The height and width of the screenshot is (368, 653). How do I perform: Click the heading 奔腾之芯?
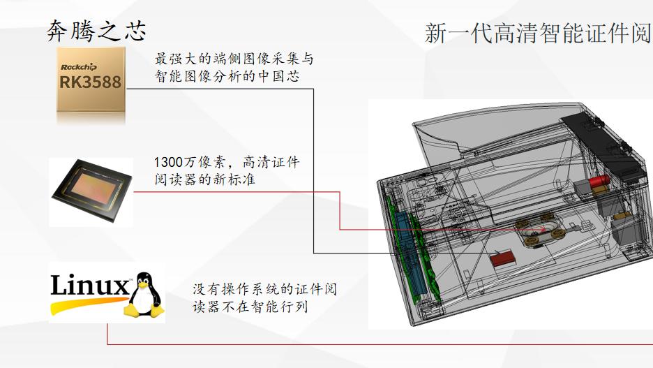pyautogui.click(x=96, y=31)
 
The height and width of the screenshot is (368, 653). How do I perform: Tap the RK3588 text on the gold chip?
pyautogui.click(x=91, y=82)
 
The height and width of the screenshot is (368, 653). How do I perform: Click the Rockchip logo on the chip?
pyautogui.click(x=79, y=66)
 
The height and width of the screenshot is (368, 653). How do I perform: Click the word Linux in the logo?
pyautogui.click(x=90, y=285)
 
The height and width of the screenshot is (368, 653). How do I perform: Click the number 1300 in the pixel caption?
pyautogui.click(x=169, y=162)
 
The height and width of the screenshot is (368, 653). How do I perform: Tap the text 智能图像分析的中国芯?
pyautogui.click(x=227, y=76)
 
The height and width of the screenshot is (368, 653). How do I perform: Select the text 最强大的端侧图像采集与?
pyautogui.click(x=234, y=59)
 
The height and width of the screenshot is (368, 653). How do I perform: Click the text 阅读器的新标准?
pyautogui.click(x=204, y=179)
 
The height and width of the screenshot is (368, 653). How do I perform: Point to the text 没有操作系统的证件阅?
pyautogui.click(x=265, y=289)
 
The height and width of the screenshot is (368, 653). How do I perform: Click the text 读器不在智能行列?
pyautogui.click(x=250, y=307)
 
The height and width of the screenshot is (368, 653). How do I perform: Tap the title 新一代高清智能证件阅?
pyautogui.click(x=538, y=33)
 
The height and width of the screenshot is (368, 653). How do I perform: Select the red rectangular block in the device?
pyautogui.click(x=502, y=258)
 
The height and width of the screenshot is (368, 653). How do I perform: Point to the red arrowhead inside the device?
pyautogui.click(x=542, y=229)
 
